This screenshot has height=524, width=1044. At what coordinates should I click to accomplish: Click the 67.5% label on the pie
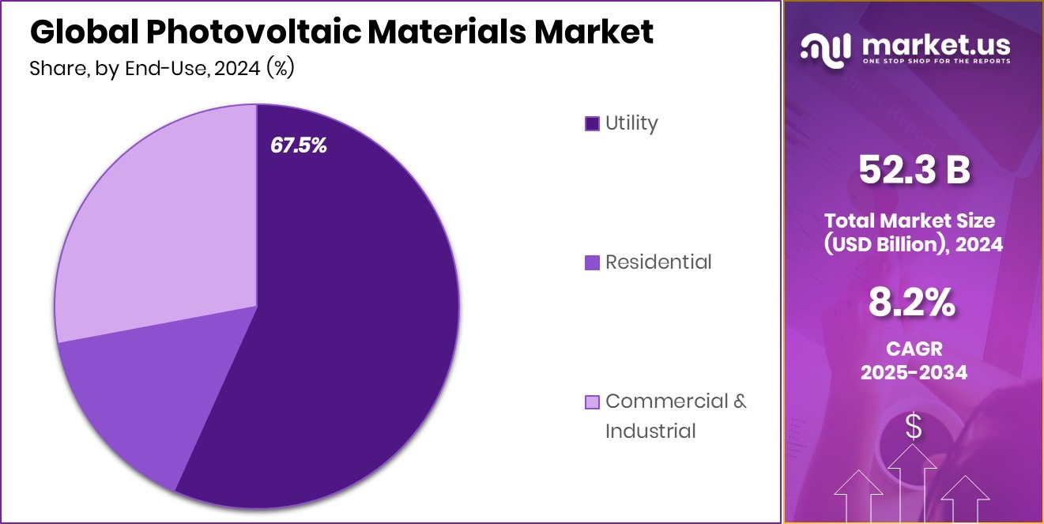[298, 145]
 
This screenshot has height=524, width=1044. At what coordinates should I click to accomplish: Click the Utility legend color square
[592, 123]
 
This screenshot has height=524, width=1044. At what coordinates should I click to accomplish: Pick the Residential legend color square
[592, 262]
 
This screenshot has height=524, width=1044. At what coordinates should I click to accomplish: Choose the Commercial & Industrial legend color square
[592, 401]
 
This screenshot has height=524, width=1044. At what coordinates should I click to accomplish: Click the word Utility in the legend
[631, 123]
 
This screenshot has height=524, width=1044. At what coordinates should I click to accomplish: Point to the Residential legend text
[658, 262]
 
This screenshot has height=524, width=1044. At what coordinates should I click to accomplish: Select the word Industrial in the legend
[650, 431]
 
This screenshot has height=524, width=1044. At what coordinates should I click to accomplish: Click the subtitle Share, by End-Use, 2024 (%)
[162, 69]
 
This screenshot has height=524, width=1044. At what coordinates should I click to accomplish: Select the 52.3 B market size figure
[914, 170]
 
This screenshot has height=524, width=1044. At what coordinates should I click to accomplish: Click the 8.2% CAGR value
[914, 303]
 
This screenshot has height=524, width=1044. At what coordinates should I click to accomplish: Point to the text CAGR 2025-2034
[914, 360]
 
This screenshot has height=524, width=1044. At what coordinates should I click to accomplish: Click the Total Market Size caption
[914, 232]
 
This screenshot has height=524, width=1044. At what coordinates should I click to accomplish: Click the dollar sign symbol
[914, 428]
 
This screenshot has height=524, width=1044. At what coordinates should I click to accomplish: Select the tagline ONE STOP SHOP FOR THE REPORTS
[937, 62]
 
